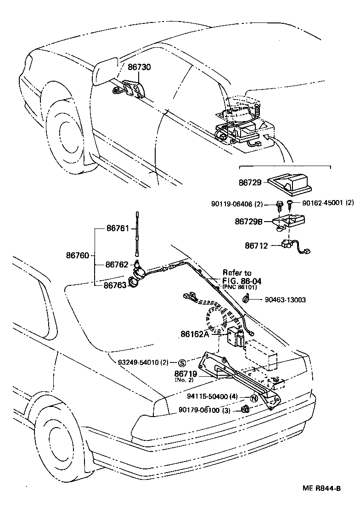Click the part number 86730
click(x=139, y=67)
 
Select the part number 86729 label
click(x=250, y=182)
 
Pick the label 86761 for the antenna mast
click(x=118, y=228)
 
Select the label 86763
click(x=115, y=285)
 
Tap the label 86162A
click(x=195, y=334)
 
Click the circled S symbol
click(x=182, y=362)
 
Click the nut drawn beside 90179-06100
click(x=245, y=409)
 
